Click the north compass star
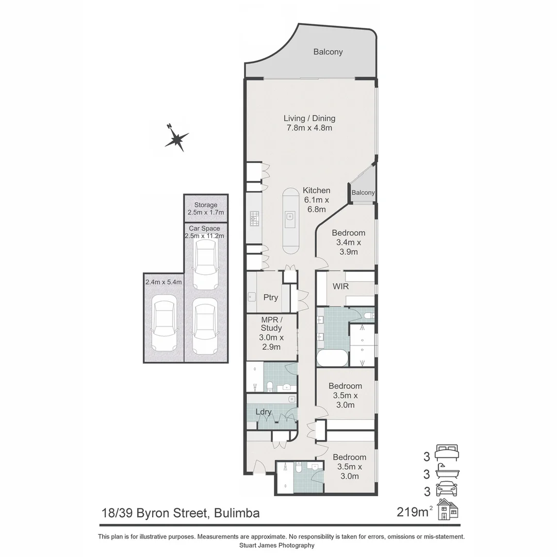177,138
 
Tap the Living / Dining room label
309,123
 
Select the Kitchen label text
316,190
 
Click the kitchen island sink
290,218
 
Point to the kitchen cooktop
254,219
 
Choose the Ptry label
271,298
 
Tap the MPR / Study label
271,333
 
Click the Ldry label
264,412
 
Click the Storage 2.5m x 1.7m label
206,208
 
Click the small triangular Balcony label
363,192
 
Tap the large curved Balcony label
328,52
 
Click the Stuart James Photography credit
277,545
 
